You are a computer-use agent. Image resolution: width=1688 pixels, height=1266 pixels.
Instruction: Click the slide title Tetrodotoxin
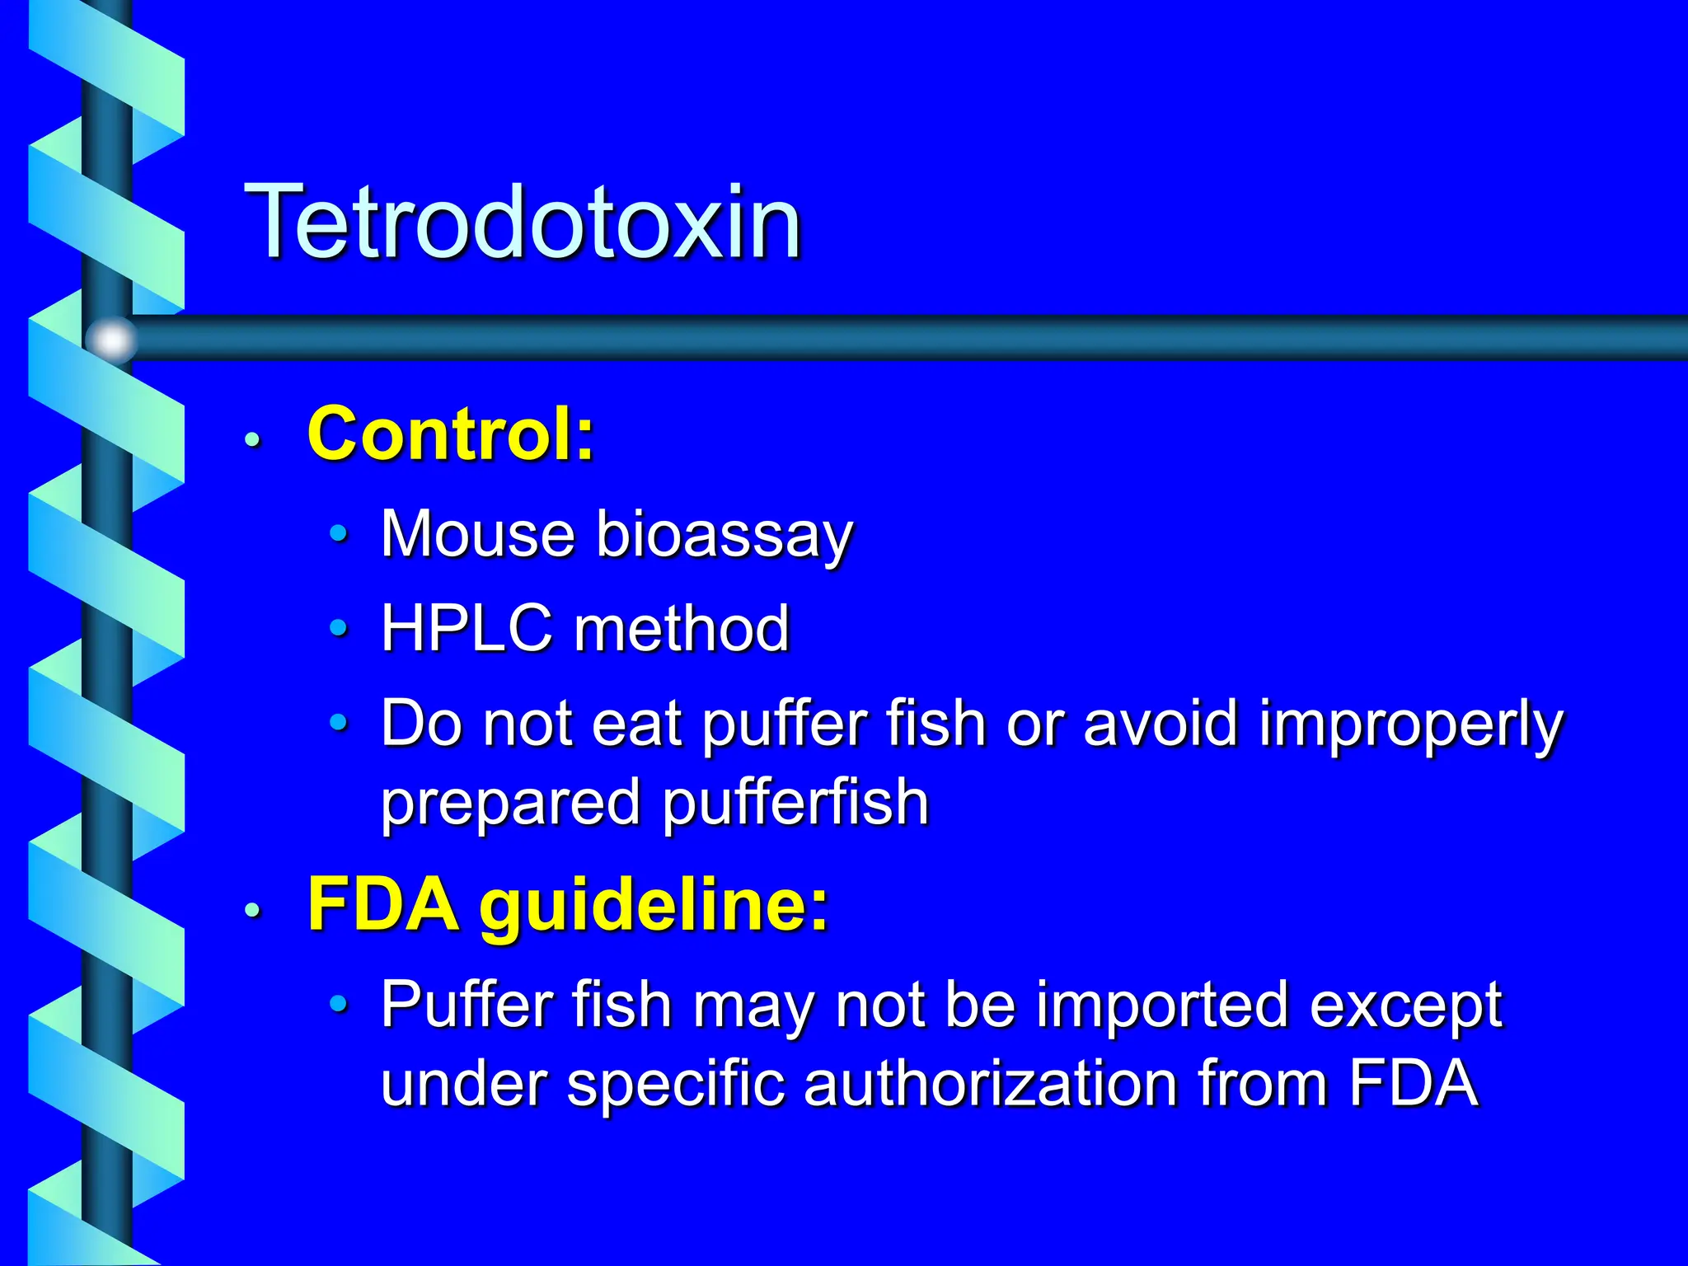coord(523,223)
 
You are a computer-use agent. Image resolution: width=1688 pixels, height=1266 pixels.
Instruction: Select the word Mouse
coord(478,534)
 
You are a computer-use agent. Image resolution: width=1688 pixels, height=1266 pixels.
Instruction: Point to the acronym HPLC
coord(466,628)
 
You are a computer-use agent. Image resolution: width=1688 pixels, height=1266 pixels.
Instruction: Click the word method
coord(682,628)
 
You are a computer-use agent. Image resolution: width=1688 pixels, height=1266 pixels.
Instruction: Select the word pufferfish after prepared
coord(795,803)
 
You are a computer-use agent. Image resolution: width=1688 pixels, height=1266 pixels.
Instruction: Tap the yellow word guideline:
coord(654,907)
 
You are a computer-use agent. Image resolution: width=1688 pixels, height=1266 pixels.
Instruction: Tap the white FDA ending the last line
coord(1413,1083)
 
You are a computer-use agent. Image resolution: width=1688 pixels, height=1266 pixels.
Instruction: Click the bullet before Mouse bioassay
coord(338,534)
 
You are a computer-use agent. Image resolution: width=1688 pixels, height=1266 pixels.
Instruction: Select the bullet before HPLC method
coord(338,628)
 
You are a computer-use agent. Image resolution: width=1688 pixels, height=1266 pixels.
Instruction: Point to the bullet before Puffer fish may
coord(338,1004)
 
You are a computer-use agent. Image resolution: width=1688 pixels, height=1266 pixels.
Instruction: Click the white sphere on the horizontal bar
coord(112,339)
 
